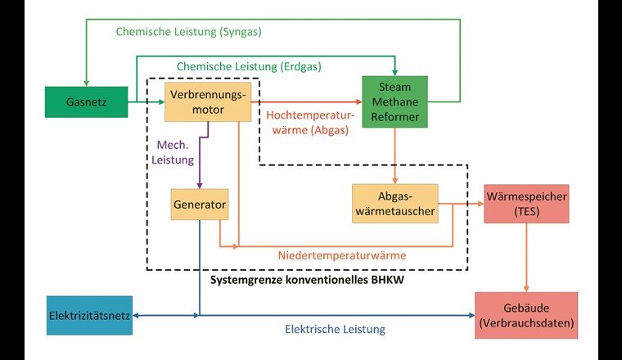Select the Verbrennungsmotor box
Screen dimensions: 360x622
tap(206, 101)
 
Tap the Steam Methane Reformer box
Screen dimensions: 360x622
tap(394, 101)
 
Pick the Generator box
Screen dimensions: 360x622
tap(199, 205)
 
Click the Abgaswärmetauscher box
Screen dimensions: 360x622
tap(394, 204)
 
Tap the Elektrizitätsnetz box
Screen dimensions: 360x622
tap(89, 315)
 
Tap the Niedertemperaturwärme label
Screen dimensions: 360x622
tap(342, 255)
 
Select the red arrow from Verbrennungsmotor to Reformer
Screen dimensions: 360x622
tap(303, 101)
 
